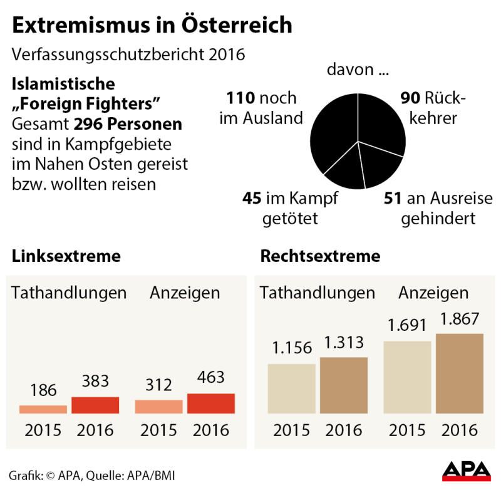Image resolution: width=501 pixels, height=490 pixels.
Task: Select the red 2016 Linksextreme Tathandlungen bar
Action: click(x=95, y=405)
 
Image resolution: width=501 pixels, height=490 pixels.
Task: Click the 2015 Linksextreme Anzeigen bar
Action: click(x=158, y=407)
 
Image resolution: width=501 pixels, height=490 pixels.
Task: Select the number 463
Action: click(x=210, y=377)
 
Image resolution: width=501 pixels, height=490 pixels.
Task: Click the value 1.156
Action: click(x=291, y=349)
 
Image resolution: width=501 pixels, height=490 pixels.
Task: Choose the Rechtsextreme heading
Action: click(x=320, y=256)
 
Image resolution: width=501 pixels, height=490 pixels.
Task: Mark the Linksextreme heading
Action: click(x=66, y=256)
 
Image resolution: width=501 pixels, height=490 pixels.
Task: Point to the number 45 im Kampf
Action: click(x=252, y=200)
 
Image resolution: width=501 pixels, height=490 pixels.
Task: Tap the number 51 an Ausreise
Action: click(x=392, y=200)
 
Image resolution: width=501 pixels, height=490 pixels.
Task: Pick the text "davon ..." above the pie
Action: click(x=357, y=69)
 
